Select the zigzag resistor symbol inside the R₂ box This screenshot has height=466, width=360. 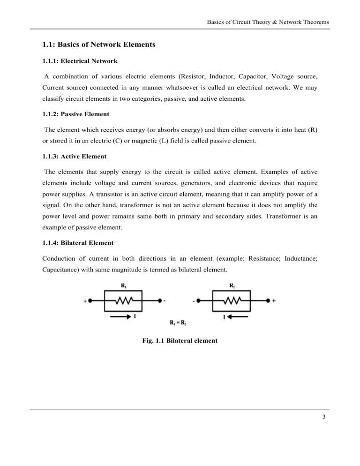pyautogui.click(x=231, y=301)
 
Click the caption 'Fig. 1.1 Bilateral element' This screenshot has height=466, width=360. pyautogui.click(x=180, y=342)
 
